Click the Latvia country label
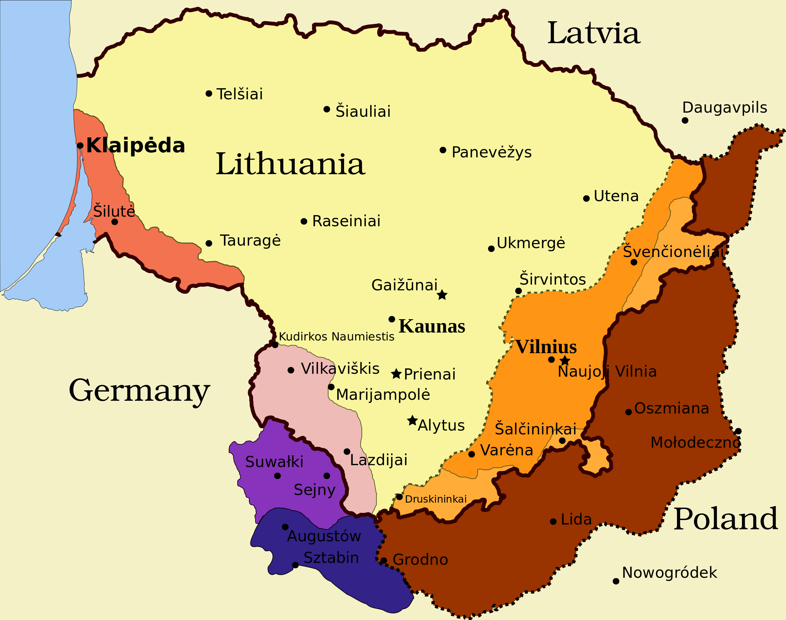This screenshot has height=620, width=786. tap(594, 33)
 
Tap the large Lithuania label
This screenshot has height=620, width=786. tap(290, 164)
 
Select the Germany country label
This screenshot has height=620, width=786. tap(139, 391)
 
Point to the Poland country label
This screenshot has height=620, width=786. tap(725, 519)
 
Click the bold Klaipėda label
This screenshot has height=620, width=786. tap(136, 146)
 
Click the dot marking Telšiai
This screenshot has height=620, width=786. tap(209, 94)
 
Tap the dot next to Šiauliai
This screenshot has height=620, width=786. tap(327, 109)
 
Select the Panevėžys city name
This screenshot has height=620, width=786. tap(491, 152)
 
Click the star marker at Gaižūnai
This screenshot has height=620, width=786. tap(442, 295)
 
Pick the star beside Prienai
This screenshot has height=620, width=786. tap(396, 374)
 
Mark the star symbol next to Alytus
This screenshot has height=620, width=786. tap(412, 420)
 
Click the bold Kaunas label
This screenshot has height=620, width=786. tap(432, 326)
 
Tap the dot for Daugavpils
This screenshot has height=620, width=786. tap(685, 121)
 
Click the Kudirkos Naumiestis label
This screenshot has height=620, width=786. tap(336, 337)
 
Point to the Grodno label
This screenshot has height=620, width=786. tap(420, 560)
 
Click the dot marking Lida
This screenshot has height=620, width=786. tap(553, 522)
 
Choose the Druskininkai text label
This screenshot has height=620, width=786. tap(436, 499)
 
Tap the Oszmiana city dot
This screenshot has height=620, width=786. tap(629, 412)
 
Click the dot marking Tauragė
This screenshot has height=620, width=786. tap(209, 243)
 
